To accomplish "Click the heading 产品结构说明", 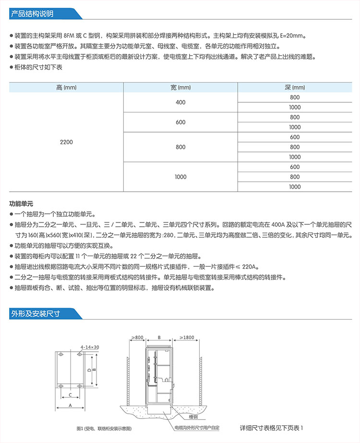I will pyautogui.click(x=33, y=13).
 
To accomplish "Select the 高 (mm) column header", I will pyautogui.click(x=66, y=87).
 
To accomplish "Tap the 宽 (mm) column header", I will pyautogui.click(x=180, y=87).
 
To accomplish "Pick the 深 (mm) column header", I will pyautogui.click(x=295, y=87).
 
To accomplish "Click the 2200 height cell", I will pyautogui.click(x=66, y=142).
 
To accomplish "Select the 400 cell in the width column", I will pyautogui.click(x=180, y=102).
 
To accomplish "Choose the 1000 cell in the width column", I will pyautogui.click(x=180, y=177).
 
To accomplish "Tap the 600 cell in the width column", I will pyautogui.click(x=180, y=122).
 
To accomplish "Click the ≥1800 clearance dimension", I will pyautogui.click(x=187, y=338).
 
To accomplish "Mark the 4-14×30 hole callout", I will pyautogui.click(x=90, y=346).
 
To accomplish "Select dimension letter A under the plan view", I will pyautogui.click(x=70, y=406).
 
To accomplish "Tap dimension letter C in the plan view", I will pyautogui.click(x=70, y=395).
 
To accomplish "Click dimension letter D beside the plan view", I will pyautogui.click(x=89, y=370).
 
